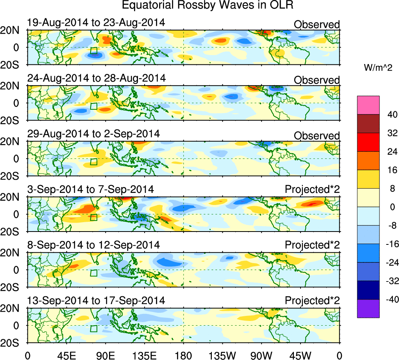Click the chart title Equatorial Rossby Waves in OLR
tap(207, 5)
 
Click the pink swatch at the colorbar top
tap(368, 105)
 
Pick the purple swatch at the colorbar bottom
tap(368, 308)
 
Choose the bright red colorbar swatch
tap(368, 142)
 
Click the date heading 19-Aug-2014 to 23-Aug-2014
tap(96, 22)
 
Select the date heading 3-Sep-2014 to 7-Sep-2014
tap(90, 189)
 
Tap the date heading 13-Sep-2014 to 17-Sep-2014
tap(96, 301)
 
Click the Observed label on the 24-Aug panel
tap(317, 80)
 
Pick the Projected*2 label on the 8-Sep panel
tap(312, 245)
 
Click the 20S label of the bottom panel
tap(13, 342)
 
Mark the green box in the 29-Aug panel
tap(93, 162)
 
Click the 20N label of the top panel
tap(13, 30)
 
